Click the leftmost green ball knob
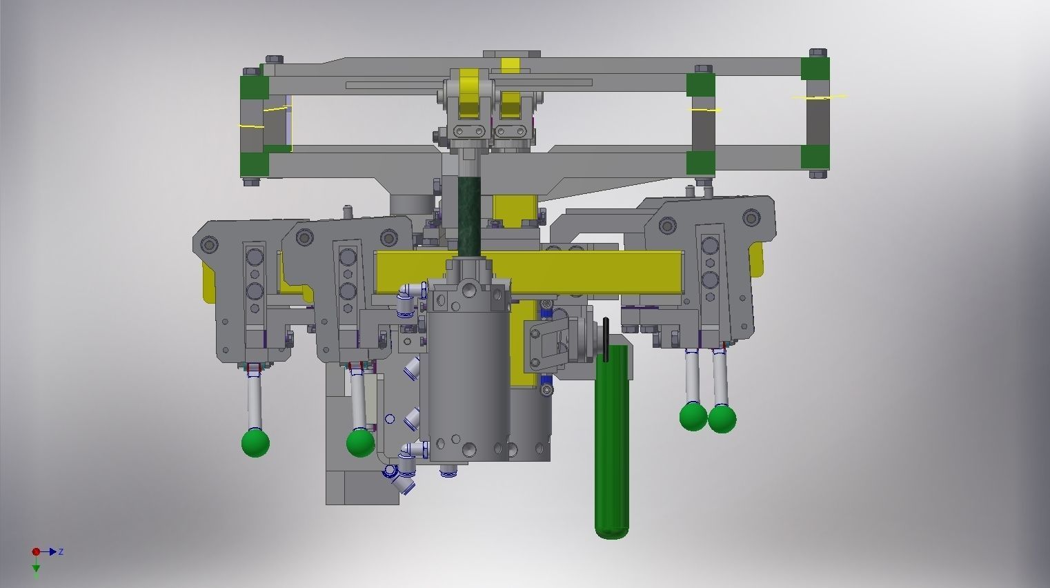pos(255,442)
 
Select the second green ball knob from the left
pos(360,442)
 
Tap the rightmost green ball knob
pos(722,419)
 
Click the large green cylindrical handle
pos(612,449)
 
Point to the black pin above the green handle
pos(606,339)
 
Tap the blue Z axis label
pos(61,551)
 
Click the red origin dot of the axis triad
pos(36,551)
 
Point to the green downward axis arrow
pos(36,569)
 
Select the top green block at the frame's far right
pos(815,68)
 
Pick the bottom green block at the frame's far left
pos(254,164)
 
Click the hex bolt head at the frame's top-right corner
pos(818,52)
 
